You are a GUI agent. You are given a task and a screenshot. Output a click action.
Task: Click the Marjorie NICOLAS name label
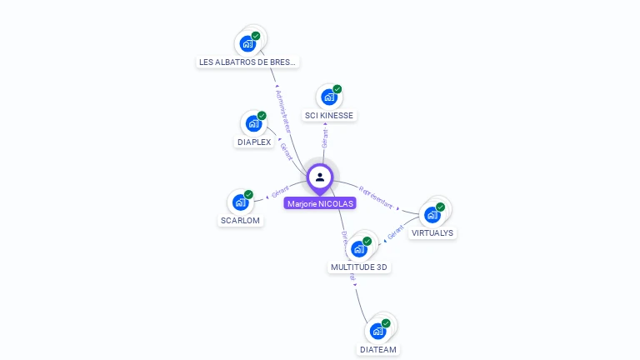(x=320, y=203)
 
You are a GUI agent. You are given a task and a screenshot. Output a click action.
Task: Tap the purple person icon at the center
(x=320, y=177)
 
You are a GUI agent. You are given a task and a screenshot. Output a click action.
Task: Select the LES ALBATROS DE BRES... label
(x=247, y=62)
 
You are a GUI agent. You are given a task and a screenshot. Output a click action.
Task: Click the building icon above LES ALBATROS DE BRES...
(x=247, y=43)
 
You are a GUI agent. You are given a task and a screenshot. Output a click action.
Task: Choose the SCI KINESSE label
(x=329, y=115)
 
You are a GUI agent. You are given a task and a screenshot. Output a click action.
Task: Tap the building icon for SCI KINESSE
(x=329, y=97)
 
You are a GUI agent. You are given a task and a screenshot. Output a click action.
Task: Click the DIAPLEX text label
(x=253, y=142)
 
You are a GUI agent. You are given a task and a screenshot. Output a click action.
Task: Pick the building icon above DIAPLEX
(x=253, y=123)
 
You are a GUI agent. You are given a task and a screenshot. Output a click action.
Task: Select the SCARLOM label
(x=240, y=221)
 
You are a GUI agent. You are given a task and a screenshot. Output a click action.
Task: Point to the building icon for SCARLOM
(x=240, y=202)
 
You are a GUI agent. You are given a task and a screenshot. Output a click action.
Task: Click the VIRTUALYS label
(x=432, y=233)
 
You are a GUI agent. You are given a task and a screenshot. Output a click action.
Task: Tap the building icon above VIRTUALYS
(x=432, y=214)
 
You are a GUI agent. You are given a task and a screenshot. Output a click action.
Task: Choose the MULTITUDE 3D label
(x=359, y=267)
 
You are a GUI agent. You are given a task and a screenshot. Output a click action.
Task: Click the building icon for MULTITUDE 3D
(x=359, y=248)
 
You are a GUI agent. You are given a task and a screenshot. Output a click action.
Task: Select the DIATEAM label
(x=378, y=350)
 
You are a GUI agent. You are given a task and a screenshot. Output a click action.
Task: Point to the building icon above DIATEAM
(x=378, y=331)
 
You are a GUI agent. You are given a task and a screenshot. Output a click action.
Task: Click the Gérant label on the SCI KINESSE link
(x=325, y=138)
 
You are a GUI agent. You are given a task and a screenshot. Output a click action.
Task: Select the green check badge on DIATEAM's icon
(x=386, y=323)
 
